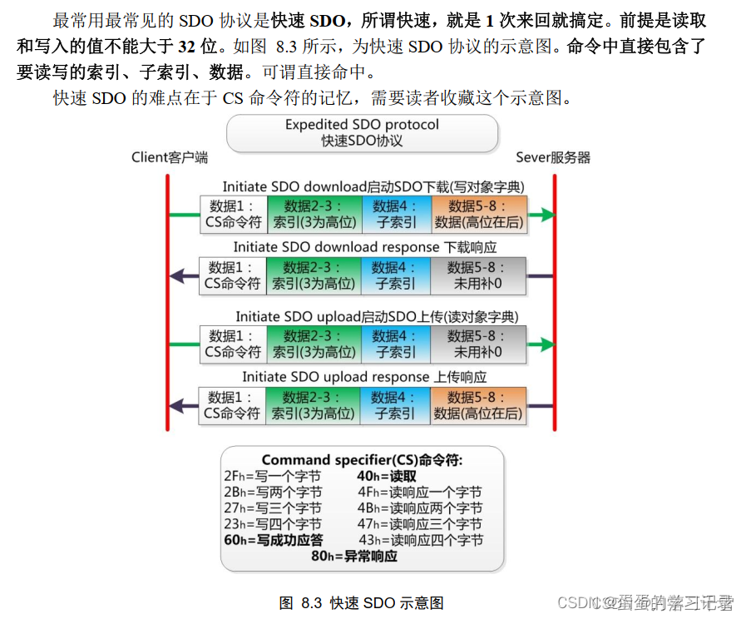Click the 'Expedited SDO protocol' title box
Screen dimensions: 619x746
click(x=362, y=133)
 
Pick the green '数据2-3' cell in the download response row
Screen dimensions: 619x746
click(x=314, y=275)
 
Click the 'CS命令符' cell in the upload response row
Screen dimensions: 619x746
click(x=232, y=405)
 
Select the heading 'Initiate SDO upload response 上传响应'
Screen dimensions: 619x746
click(x=364, y=377)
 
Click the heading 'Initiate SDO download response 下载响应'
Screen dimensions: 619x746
click(x=364, y=247)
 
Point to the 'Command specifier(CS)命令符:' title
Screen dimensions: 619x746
click(x=362, y=460)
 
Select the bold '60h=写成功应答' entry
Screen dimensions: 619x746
click(x=274, y=540)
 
